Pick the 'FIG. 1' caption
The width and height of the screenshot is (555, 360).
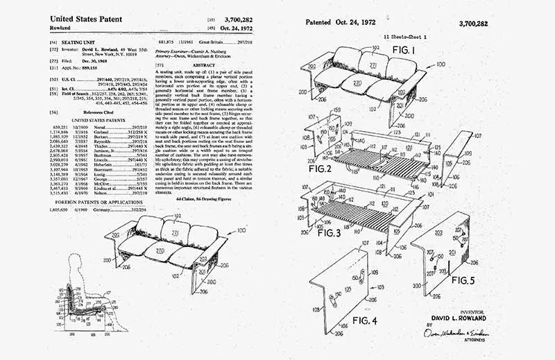pyautogui.click(x=403, y=51)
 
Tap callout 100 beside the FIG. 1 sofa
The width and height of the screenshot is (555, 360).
pyautogui.click(x=440, y=64)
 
